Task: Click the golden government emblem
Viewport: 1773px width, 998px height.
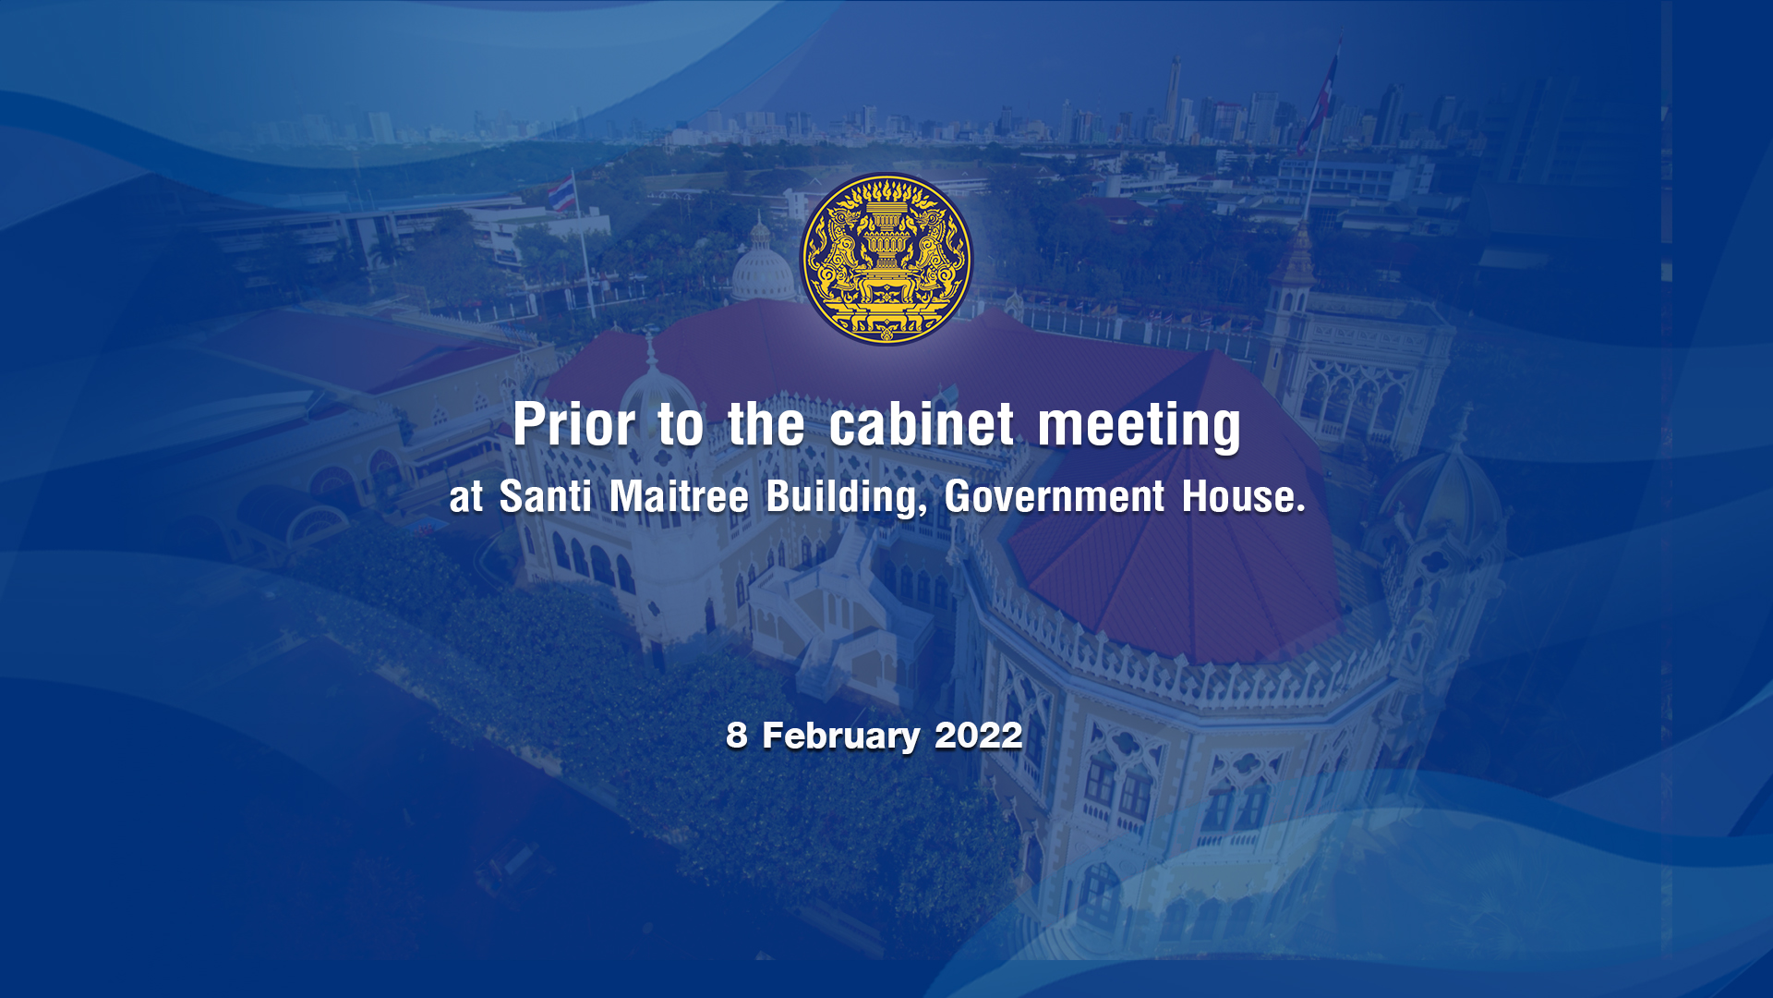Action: [x=886, y=259]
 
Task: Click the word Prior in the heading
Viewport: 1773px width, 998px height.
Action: [x=574, y=425]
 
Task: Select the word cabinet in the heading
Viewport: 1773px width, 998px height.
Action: [x=922, y=425]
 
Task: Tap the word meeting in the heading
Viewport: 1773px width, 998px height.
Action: [x=1140, y=428]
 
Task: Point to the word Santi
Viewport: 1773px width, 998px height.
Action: [x=545, y=496]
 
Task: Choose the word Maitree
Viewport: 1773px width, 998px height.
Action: [x=679, y=496]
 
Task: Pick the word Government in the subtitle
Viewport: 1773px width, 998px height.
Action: [x=1054, y=496]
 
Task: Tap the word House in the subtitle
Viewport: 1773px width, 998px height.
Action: [x=1243, y=496]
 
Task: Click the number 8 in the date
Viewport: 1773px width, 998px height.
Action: [x=736, y=736]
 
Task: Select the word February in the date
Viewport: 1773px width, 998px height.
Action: [x=840, y=737]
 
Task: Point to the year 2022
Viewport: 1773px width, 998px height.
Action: [x=978, y=736]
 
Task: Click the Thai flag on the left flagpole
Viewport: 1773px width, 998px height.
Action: [x=561, y=194]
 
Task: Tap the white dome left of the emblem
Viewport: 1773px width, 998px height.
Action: [x=761, y=268]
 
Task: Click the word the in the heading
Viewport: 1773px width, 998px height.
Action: [x=766, y=425]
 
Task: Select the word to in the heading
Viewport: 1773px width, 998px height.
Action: [x=681, y=427]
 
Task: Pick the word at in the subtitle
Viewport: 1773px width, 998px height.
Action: [x=466, y=499]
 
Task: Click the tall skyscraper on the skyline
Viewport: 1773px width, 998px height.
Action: [x=1174, y=98]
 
